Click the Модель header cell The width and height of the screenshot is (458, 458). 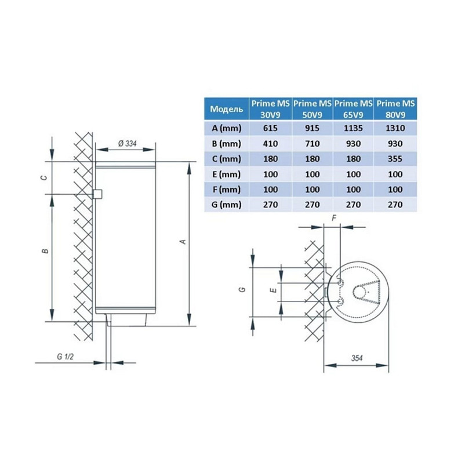pyautogui.click(x=226, y=108)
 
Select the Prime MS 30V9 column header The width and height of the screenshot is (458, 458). pyautogui.click(x=270, y=108)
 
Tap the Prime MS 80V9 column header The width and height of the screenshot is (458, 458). pyautogui.click(x=397, y=108)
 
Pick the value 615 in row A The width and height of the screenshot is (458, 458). pyautogui.click(x=270, y=128)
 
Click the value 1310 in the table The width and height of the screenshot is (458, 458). pyautogui.click(x=397, y=128)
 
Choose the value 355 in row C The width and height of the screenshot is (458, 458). pyautogui.click(x=397, y=158)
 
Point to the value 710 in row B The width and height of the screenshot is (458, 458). pyautogui.click(x=312, y=143)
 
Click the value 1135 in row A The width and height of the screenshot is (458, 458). pyautogui.click(x=354, y=128)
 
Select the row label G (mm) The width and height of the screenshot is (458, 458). pyautogui.click(x=226, y=204)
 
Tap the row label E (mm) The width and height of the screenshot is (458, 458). pyautogui.click(x=226, y=173)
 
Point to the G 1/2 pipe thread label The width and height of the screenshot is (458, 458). pyautogui.click(x=65, y=357)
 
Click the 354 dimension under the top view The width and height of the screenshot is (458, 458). pyautogui.click(x=356, y=359)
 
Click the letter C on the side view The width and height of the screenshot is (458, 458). pyautogui.click(x=45, y=178)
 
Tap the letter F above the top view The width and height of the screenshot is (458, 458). pyautogui.click(x=333, y=218)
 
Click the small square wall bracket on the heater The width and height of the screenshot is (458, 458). pyautogui.click(x=97, y=194)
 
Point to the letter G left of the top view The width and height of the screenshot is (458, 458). pyautogui.click(x=243, y=288)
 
